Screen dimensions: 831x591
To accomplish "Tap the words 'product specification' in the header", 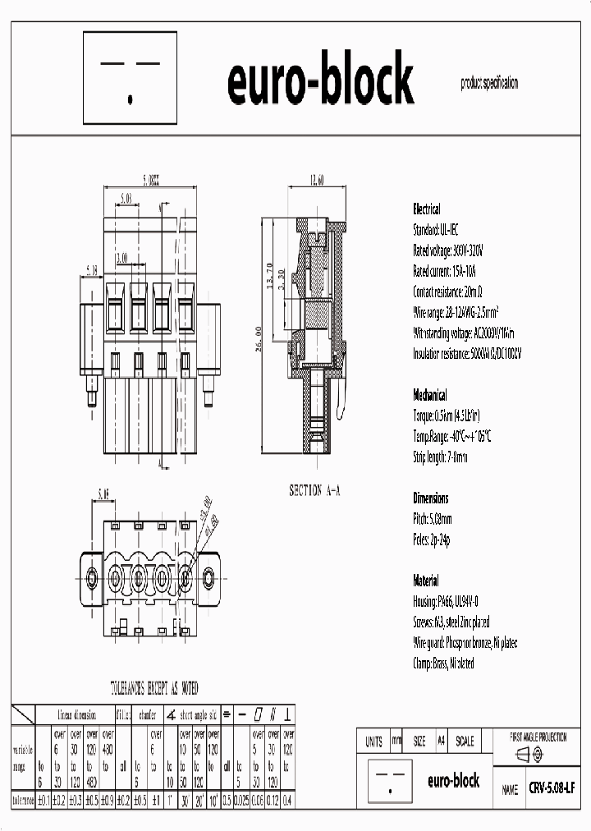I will pyautogui.click(x=489, y=83).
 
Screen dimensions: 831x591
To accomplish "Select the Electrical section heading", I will pyautogui.click(x=426, y=209).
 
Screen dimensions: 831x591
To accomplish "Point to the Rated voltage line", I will pyautogui.click(x=448, y=250).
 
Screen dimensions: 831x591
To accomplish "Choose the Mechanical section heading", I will pyautogui.click(x=430, y=393).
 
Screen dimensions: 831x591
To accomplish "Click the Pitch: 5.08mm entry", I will pyautogui.click(x=432, y=518).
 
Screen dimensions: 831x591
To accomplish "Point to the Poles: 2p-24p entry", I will pyautogui.click(x=431, y=539).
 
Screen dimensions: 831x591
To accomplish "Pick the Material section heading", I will pyautogui.click(x=425, y=580).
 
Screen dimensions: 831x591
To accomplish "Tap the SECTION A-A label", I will pyautogui.click(x=314, y=490).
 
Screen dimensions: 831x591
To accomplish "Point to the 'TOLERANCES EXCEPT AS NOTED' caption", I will pyautogui.click(x=154, y=688).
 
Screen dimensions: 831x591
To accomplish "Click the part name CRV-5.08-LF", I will pyautogui.click(x=552, y=787).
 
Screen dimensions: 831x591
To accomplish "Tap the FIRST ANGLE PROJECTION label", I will pyautogui.click(x=538, y=738).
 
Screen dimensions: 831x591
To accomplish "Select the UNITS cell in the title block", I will pyautogui.click(x=373, y=741).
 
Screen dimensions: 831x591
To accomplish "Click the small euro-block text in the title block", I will pyautogui.click(x=453, y=781).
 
